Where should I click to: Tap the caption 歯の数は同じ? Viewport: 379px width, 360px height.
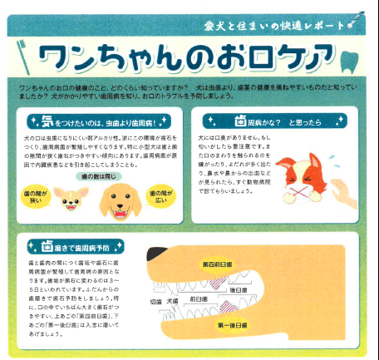(x=99, y=177)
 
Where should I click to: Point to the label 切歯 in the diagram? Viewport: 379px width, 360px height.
(x=156, y=301)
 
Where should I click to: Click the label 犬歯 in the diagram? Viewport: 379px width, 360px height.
(x=173, y=301)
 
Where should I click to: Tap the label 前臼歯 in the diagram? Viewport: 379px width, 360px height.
(x=199, y=298)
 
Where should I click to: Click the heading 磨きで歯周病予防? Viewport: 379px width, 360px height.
(x=83, y=246)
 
